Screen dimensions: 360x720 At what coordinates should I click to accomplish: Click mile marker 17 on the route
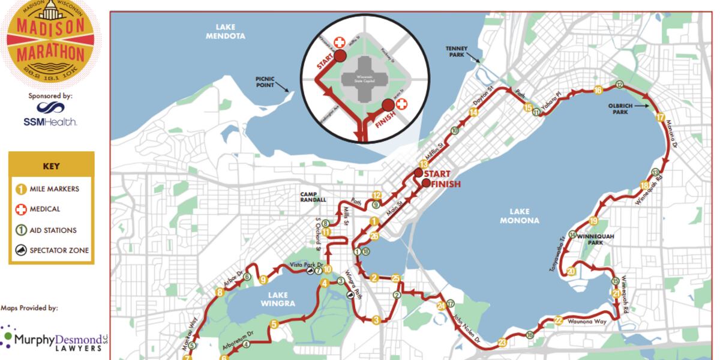pos(660,117)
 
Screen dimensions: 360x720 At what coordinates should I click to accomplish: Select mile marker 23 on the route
pos(502,343)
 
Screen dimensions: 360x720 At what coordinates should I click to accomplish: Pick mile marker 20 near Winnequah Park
pos(571,272)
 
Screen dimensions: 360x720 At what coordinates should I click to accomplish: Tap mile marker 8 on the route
pos(220,293)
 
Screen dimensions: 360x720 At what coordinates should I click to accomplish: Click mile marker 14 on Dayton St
pos(474,111)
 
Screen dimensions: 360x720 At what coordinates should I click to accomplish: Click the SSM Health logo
pos(50,113)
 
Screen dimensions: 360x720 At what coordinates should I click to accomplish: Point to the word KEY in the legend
pos(51,167)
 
